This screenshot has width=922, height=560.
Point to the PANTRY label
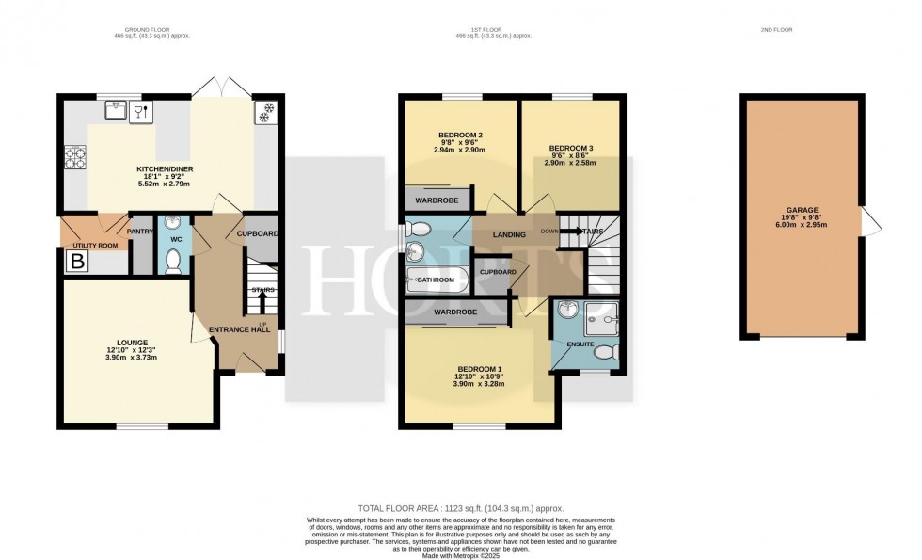click(x=139, y=231)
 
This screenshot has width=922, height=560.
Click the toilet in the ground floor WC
click(x=172, y=262)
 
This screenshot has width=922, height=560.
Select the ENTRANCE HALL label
click(x=239, y=328)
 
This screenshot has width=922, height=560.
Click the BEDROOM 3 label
click(x=571, y=148)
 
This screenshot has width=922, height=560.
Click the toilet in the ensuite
click(x=607, y=352)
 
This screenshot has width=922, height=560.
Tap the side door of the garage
click(x=871, y=222)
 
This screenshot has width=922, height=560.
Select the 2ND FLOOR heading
click(x=776, y=30)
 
